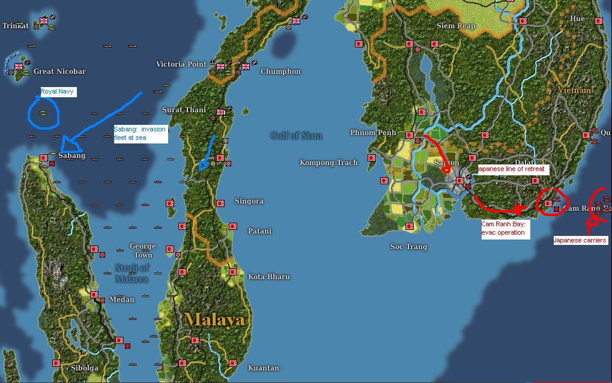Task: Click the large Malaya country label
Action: (x=214, y=319)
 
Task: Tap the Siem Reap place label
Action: (x=456, y=26)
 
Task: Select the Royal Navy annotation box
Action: (x=58, y=92)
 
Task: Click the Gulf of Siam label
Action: (x=295, y=135)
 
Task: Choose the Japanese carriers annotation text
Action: (x=580, y=240)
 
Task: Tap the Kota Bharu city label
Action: (x=269, y=277)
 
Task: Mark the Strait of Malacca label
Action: (x=132, y=273)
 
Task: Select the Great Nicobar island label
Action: (x=59, y=71)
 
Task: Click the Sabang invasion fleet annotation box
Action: (x=140, y=133)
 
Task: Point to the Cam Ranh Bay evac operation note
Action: (x=505, y=228)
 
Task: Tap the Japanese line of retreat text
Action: (x=512, y=169)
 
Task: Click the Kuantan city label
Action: (x=263, y=368)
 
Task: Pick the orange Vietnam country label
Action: (x=574, y=90)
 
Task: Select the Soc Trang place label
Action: (x=408, y=247)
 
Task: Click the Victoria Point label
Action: (x=181, y=64)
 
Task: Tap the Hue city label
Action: (x=577, y=19)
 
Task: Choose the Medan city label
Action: (x=122, y=300)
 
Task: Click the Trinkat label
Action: (x=16, y=26)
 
